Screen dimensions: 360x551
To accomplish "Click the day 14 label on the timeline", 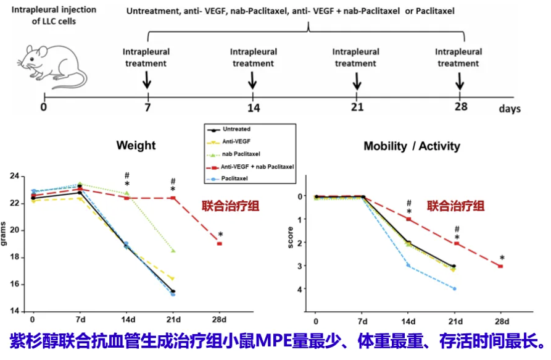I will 253,108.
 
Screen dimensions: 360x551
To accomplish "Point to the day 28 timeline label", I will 460,108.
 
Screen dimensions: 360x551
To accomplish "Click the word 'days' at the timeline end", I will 510,109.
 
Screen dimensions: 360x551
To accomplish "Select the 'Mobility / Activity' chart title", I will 412,146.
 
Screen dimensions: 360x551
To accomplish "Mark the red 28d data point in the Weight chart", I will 219,244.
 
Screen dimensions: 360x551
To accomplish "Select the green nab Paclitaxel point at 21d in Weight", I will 173,251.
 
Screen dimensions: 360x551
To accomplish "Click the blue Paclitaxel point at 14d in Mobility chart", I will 408,265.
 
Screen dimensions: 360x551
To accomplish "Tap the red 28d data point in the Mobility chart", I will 500,266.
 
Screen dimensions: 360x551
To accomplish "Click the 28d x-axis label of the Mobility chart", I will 501,322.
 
